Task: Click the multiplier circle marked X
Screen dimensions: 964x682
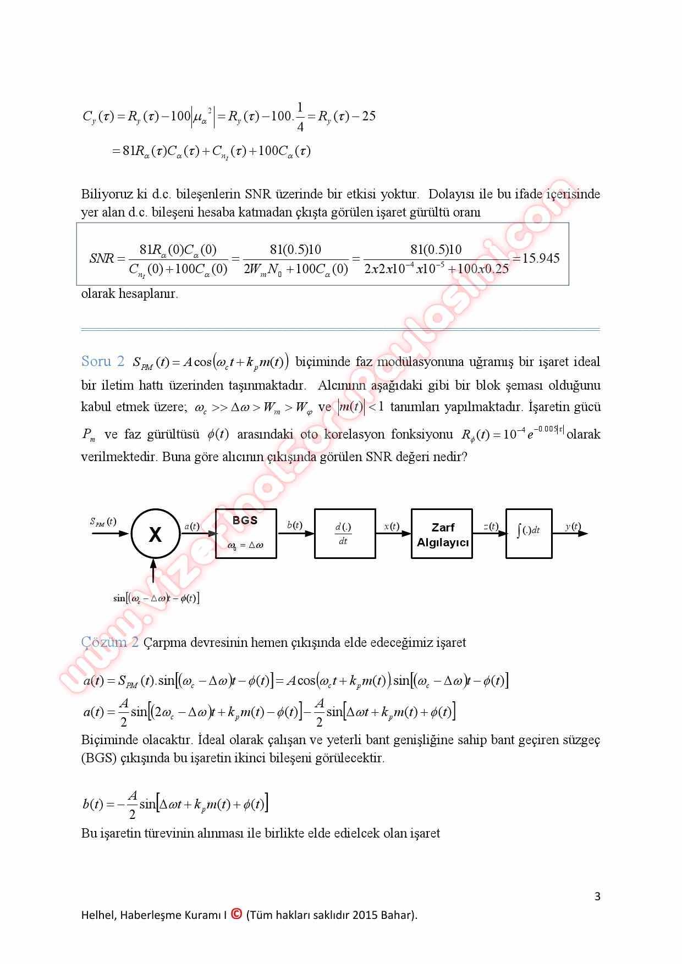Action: [156, 534]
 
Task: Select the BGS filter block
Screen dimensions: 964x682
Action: [245, 533]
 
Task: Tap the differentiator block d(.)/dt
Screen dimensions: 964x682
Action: [344, 534]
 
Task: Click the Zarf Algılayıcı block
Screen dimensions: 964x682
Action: [442, 534]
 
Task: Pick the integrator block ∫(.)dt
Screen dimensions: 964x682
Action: [529, 533]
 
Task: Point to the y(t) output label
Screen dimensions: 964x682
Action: [573, 527]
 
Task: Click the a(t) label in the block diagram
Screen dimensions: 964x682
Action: [191, 526]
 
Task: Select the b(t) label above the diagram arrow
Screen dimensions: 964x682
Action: [295, 525]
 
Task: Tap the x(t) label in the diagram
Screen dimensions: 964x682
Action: [392, 526]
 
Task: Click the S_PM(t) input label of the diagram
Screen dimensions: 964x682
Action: [103, 522]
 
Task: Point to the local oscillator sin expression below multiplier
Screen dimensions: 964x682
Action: [156, 598]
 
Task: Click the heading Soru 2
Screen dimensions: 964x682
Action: [103, 362]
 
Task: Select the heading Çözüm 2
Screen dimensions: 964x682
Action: [109, 642]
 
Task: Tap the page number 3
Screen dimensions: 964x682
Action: [597, 897]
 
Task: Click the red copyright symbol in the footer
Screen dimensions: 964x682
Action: [237, 914]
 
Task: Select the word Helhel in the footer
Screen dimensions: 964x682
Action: [96, 915]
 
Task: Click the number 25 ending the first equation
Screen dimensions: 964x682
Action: [369, 116]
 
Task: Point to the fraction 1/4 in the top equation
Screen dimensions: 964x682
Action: [300, 117]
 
